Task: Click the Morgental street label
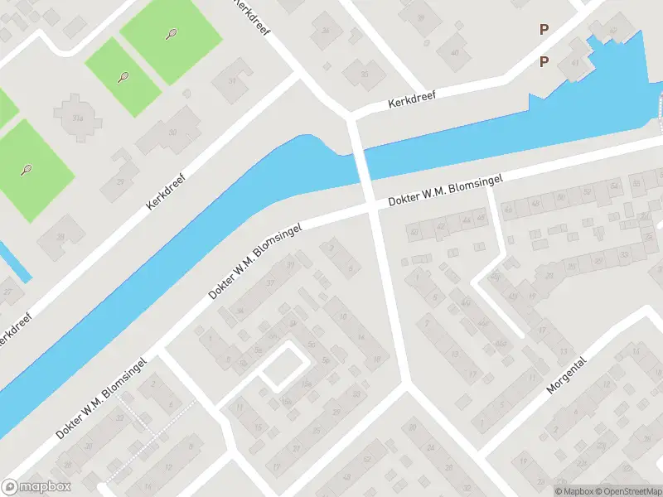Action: click(x=567, y=375)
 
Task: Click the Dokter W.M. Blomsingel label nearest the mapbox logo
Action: click(x=101, y=399)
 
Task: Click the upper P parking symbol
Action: click(x=544, y=29)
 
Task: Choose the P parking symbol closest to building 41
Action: click(x=544, y=62)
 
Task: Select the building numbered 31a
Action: click(x=79, y=118)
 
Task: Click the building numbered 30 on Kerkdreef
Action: click(x=171, y=133)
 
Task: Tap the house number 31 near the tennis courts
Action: click(x=232, y=81)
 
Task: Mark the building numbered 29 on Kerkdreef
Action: click(x=119, y=181)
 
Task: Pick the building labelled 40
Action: click(x=453, y=53)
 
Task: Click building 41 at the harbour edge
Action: click(x=575, y=63)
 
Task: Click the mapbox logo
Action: click(x=36, y=487)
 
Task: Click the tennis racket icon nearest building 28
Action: click(x=26, y=170)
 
